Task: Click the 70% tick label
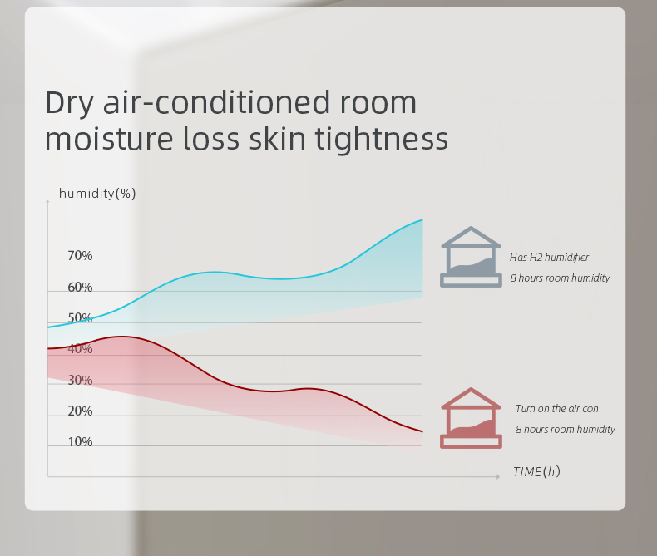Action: [x=80, y=256]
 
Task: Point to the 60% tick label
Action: [x=80, y=288]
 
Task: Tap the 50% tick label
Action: [x=80, y=318]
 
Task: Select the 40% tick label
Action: [x=80, y=349]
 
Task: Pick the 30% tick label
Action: [x=80, y=381]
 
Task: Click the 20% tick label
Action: [x=80, y=411]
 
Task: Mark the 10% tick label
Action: [x=80, y=442]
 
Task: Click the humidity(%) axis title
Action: [x=97, y=194]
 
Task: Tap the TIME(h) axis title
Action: [x=536, y=472]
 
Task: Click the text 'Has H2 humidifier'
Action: [x=550, y=257]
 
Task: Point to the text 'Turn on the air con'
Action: [x=557, y=409]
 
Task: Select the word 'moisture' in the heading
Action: [x=109, y=139]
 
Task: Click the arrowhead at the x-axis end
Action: [x=498, y=476]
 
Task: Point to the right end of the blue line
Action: [x=422, y=219]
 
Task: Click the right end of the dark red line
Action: [x=422, y=431]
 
